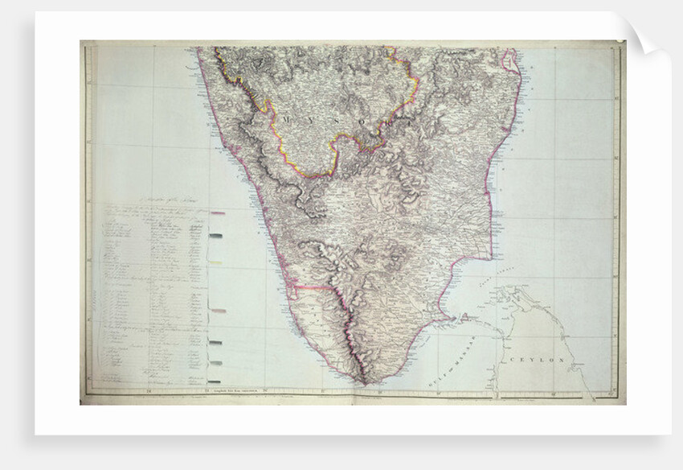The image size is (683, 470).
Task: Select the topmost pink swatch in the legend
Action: (x=217, y=214)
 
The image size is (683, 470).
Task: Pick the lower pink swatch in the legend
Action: (x=217, y=311)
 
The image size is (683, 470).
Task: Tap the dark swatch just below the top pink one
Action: (x=216, y=236)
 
